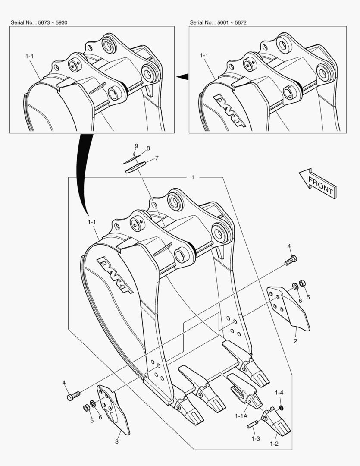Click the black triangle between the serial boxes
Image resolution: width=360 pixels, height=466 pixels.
click(183, 77)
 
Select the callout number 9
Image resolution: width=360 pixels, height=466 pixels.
click(136, 146)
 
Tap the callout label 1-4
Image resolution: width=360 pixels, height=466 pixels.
click(279, 393)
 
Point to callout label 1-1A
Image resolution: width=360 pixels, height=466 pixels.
click(241, 416)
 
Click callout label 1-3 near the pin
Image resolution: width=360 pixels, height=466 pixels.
click(256, 438)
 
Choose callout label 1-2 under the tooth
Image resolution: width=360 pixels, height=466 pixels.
click(274, 444)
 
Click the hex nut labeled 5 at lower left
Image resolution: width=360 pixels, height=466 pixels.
click(86, 408)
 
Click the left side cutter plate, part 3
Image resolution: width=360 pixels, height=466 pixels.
click(114, 410)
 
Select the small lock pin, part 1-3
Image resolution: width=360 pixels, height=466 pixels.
click(253, 425)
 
